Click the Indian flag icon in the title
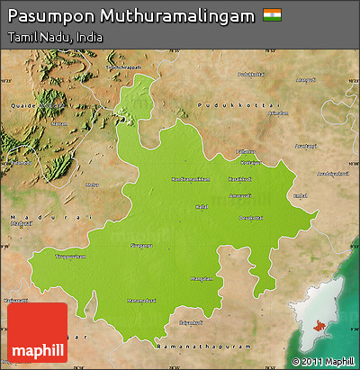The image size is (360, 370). (x=271, y=15)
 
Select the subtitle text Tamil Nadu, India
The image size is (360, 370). (x=54, y=38)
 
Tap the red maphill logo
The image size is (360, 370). (x=37, y=332)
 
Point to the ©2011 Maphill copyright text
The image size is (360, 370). (x=322, y=362)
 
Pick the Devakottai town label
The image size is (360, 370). (x=250, y=217)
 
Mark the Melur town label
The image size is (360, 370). (x=92, y=185)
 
